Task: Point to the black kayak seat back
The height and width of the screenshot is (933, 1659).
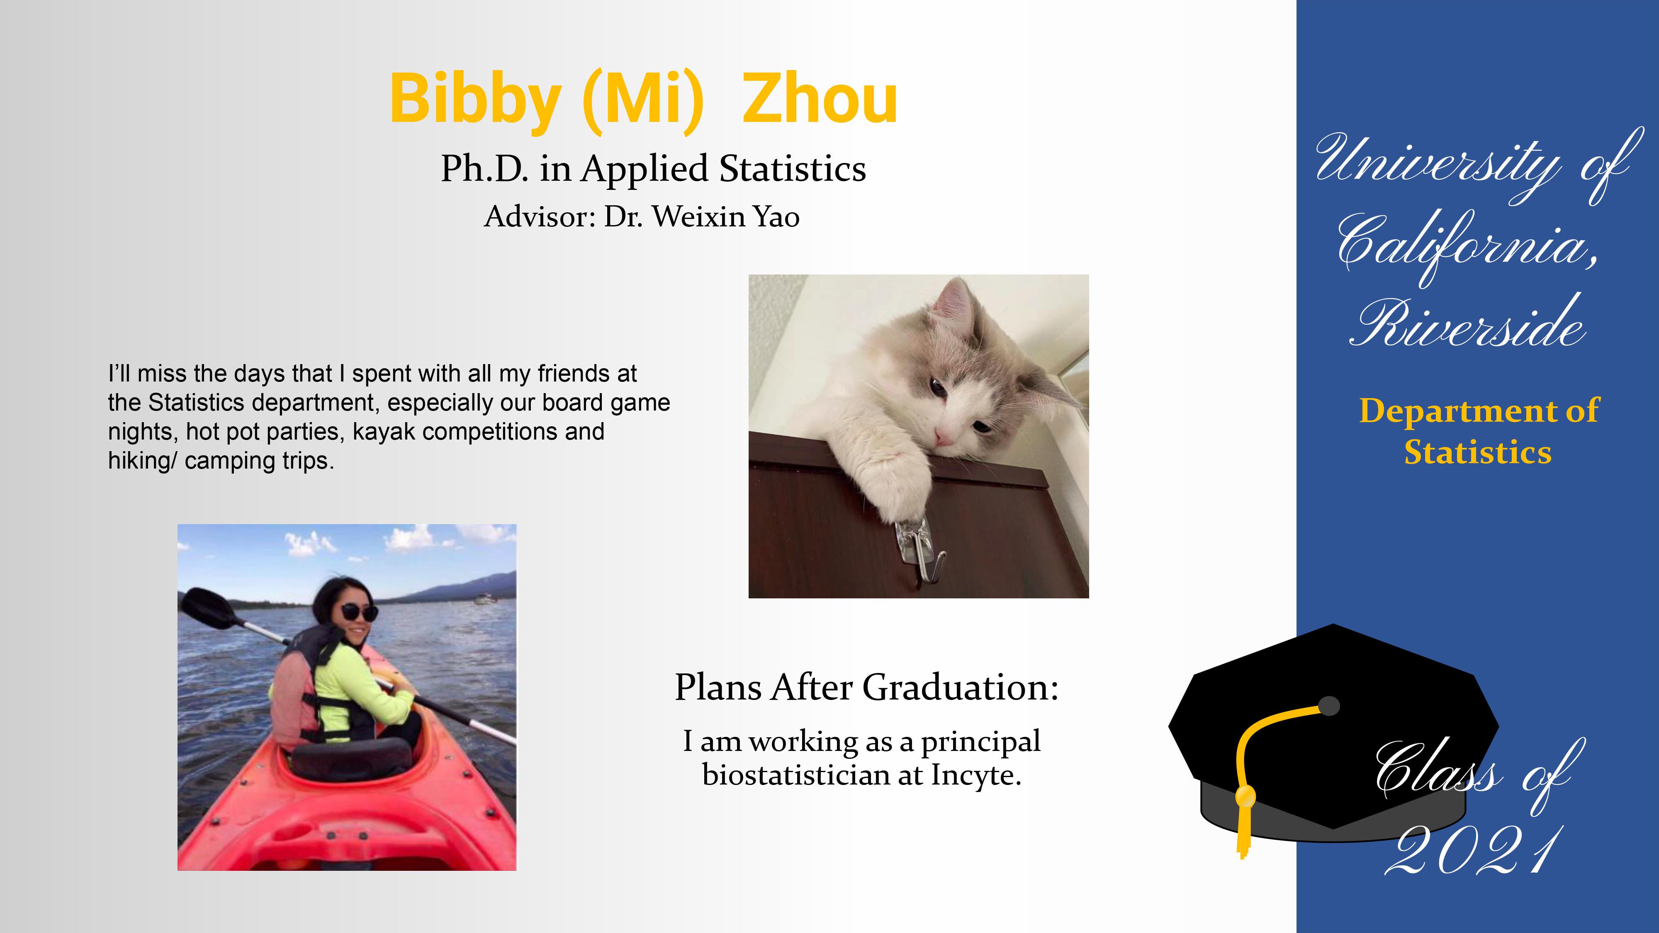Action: click(x=351, y=759)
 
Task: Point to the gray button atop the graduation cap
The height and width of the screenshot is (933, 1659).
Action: click(x=1329, y=706)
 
